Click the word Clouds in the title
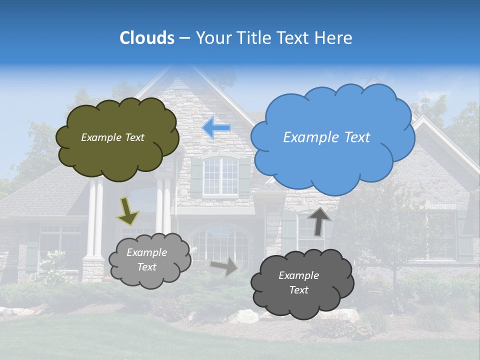[147, 38]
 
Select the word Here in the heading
[334, 38]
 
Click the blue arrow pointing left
[216, 128]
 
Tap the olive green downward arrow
[127, 211]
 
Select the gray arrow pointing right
[224, 266]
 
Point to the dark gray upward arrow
[318, 221]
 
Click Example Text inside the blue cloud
[326, 137]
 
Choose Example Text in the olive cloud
[112, 137]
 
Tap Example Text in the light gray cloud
[146, 260]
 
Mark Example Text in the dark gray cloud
[298, 282]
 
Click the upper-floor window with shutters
[220, 176]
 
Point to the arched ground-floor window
[220, 245]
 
